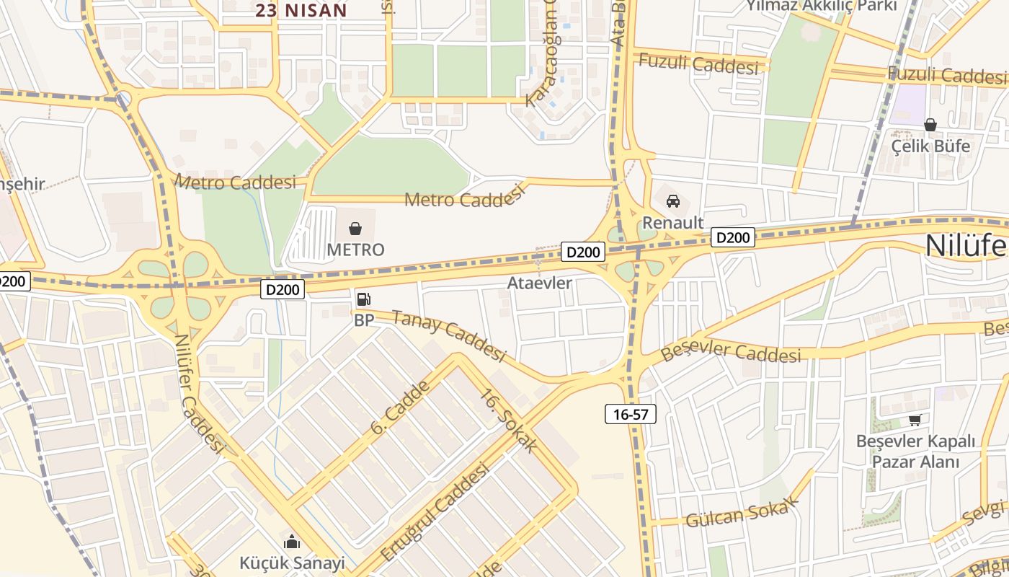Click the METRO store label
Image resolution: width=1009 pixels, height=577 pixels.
coord(355,250)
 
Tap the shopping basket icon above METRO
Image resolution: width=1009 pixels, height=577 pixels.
coord(355,229)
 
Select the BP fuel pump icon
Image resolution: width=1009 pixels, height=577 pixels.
coord(364,299)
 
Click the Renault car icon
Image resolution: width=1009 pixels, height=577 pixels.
coord(673,201)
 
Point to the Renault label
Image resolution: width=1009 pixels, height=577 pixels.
coord(672,222)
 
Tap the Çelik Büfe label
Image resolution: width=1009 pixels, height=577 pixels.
coord(930,146)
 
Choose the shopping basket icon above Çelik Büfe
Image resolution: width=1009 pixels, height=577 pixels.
coord(930,125)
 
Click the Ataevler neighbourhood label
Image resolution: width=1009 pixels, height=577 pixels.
coord(539,283)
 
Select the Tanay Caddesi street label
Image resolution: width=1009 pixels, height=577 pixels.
coord(449,335)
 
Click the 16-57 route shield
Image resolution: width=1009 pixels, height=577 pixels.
coord(630,414)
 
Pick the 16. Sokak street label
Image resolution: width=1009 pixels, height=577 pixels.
coord(508,421)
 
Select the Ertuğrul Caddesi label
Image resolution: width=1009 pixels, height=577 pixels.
coord(435,511)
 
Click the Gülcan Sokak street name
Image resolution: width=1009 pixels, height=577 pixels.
coord(742,513)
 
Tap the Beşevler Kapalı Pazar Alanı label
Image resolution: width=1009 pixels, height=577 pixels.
coord(915,452)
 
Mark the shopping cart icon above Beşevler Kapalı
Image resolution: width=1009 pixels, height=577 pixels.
coord(915,420)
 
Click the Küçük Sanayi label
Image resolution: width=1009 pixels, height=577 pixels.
coord(292,563)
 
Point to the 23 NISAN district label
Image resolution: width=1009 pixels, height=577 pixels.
coord(301,10)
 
